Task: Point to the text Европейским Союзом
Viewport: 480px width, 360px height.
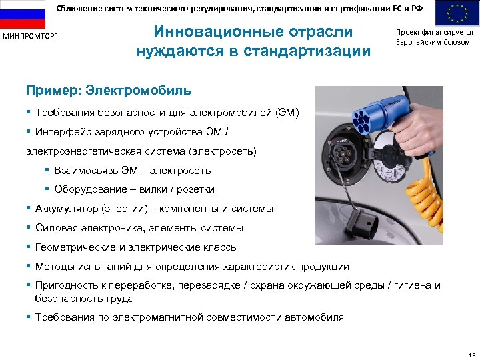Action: pyautogui.click(x=433, y=42)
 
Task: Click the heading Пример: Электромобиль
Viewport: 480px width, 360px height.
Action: pyautogui.click(x=108, y=90)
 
